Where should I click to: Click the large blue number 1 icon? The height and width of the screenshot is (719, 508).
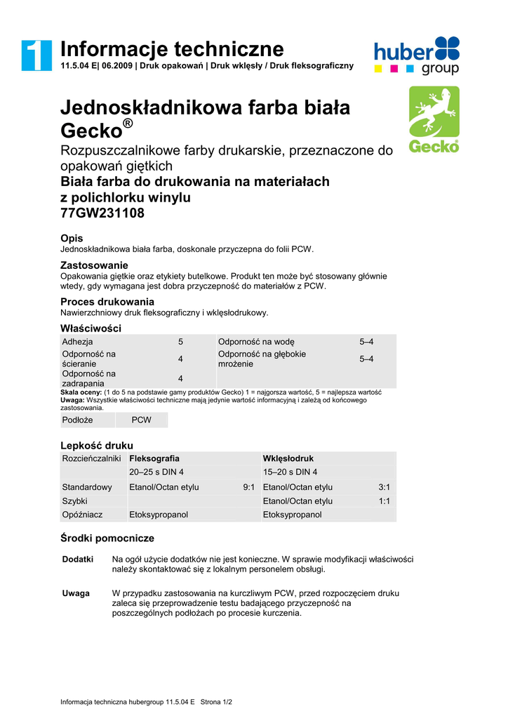(36, 55)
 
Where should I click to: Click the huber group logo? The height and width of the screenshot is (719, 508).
(416, 55)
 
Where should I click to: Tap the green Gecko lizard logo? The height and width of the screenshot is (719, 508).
(434, 120)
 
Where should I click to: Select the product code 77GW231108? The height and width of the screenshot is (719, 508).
(102, 213)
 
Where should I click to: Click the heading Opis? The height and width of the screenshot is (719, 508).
(72, 239)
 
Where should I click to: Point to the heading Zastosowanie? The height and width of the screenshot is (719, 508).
(94, 265)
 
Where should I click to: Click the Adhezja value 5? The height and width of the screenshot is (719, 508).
(180, 342)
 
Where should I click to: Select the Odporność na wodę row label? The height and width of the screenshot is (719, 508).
(256, 342)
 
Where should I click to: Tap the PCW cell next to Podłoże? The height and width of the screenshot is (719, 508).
(142, 420)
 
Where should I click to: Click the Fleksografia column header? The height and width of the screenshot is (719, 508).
(154, 459)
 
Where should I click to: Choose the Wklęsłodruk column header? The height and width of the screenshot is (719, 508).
(288, 459)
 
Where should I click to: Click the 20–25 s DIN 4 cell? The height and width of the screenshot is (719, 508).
(156, 472)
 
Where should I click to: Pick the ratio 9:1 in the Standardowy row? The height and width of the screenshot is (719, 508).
(248, 487)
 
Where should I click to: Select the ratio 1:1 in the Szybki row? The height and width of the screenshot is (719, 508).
(384, 501)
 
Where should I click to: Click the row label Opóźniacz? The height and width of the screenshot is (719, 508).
(82, 515)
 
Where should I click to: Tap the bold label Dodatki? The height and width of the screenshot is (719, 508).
(78, 560)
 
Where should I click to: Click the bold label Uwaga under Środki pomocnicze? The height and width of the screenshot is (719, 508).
(76, 593)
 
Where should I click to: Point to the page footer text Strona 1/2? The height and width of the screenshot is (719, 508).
(216, 701)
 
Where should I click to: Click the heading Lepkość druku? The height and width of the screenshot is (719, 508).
(97, 445)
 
